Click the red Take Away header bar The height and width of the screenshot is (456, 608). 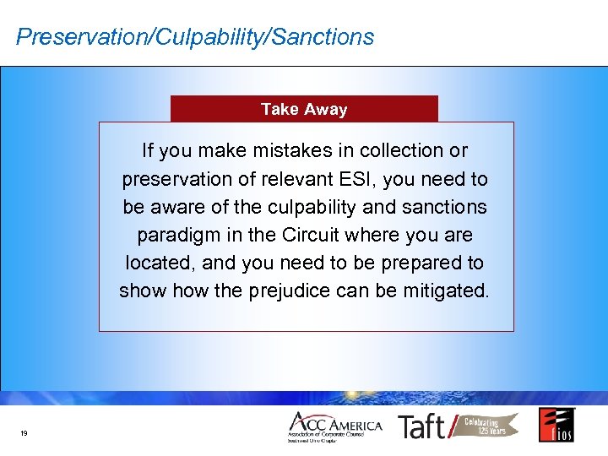304,109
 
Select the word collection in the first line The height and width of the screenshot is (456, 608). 401,151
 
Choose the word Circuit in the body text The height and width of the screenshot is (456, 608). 340,235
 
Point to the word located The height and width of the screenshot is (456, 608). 151,263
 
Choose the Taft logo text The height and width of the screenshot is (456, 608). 422,426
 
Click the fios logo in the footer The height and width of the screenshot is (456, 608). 556,425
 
